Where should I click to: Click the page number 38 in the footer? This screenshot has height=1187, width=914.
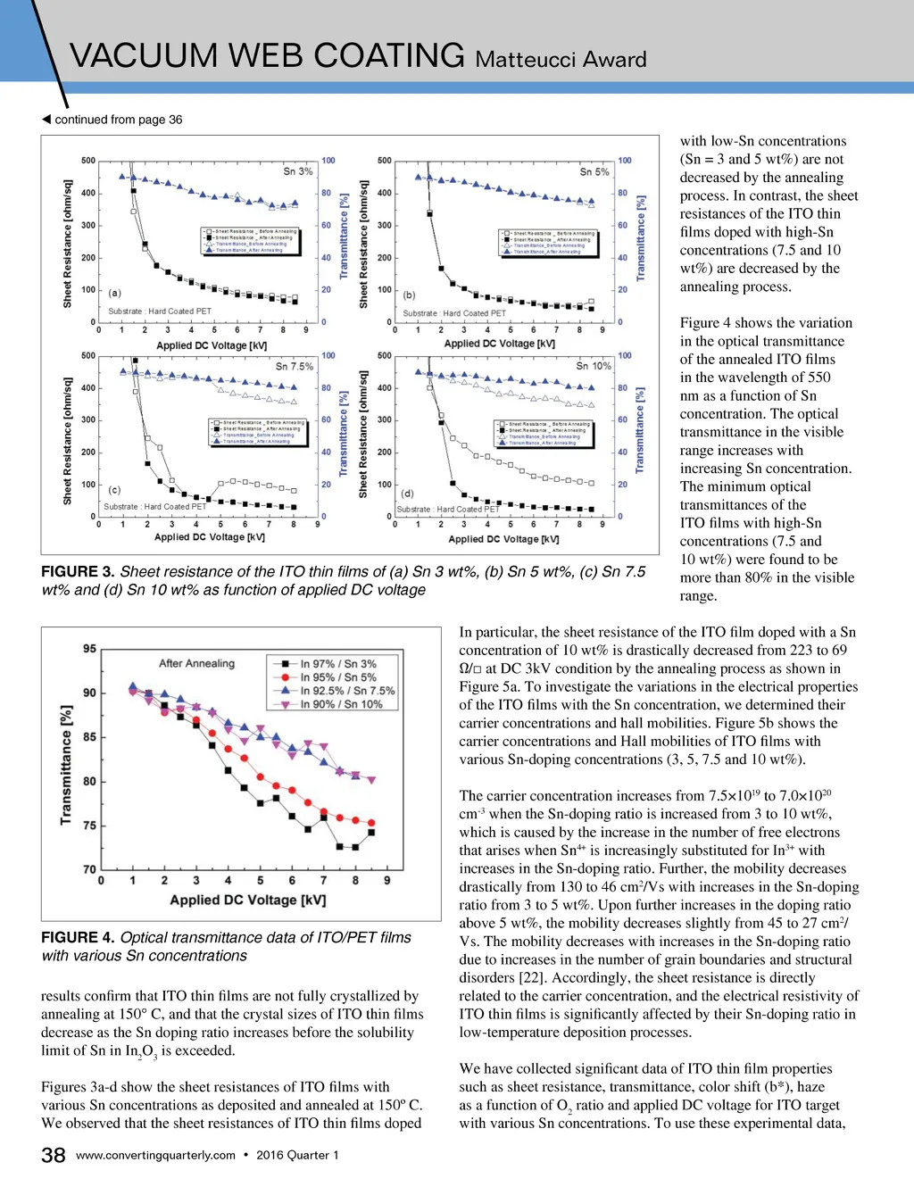tap(53, 1155)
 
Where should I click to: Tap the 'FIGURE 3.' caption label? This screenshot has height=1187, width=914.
tap(78, 572)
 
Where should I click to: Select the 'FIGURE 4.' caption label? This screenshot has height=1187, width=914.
tap(78, 938)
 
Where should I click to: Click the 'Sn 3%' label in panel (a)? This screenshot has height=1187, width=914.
tap(297, 171)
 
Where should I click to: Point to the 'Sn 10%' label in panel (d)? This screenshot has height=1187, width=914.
tap(594, 366)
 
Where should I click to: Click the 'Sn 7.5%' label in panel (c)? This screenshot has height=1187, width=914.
tap(295, 366)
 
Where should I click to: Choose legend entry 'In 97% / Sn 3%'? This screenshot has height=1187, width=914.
tap(338, 664)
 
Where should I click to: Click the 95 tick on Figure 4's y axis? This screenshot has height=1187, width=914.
tap(89, 649)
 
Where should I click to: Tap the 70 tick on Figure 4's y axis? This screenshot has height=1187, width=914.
tap(89, 869)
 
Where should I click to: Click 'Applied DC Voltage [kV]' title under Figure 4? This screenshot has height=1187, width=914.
tap(247, 900)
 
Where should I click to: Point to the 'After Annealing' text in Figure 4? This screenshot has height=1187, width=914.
tap(196, 663)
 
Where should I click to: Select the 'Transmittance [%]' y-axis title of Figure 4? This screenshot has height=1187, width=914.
tap(66, 765)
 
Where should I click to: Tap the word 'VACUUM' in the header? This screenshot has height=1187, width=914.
tap(143, 55)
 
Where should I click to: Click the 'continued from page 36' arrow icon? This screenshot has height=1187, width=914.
tap(46, 120)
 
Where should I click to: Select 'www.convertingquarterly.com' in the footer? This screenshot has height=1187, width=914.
tap(155, 1155)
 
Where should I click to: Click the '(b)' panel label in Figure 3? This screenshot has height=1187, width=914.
tap(410, 295)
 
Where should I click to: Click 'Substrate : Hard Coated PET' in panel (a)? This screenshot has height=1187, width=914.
tap(160, 311)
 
